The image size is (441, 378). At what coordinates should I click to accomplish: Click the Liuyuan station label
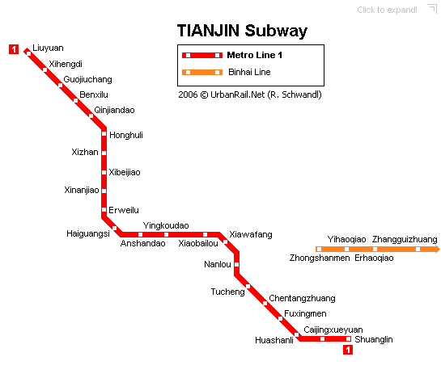(x=48, y=48)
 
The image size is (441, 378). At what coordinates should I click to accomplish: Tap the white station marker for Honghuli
(x=104, y=134)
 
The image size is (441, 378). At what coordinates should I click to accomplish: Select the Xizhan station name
(x=85, y=152)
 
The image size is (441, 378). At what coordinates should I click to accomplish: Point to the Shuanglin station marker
(x=349, y=338)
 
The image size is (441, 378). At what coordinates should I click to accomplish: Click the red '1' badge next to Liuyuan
(x=14, y=49)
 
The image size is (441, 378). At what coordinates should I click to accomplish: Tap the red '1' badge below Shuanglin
(x=348, y=350)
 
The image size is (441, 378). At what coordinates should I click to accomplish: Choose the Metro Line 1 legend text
(x=255, y=55)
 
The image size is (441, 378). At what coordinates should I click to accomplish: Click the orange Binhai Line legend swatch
(x=202, y=72)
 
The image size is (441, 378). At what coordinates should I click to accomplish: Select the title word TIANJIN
(x=208, y=31)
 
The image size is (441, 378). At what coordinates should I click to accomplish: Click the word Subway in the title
(x=276, y=31)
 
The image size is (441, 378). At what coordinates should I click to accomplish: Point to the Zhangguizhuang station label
(x=405, y=239)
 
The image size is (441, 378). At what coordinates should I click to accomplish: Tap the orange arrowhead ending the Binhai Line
(x=437, y=249)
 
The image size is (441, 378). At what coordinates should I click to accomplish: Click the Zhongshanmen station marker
(x=319, y=249)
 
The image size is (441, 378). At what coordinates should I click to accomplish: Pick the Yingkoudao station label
(x=166, y=225)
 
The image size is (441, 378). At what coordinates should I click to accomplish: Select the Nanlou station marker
(x=237, y=265)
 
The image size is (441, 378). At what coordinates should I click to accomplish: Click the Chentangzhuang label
(x=302, y=298)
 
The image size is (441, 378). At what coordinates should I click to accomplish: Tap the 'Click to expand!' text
(x=387, y=10)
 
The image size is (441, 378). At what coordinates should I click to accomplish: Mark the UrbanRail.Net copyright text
(x=250, y=94)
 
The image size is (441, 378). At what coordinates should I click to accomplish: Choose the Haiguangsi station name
(x=88, y=233)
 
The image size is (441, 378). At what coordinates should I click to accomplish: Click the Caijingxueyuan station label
(x=333, y=330)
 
